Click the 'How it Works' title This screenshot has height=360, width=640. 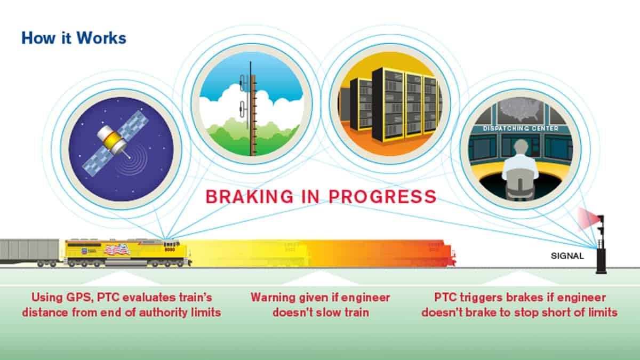click(74, 38)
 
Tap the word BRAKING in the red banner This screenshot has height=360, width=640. click(250, 197)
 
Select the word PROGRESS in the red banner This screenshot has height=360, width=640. click(382, 197)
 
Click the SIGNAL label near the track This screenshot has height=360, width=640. click(567, 256)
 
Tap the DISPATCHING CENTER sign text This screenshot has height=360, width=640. click(521, 129)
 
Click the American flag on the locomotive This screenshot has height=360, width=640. click(117, 250)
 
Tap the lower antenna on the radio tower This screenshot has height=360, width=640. click(243, 109)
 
